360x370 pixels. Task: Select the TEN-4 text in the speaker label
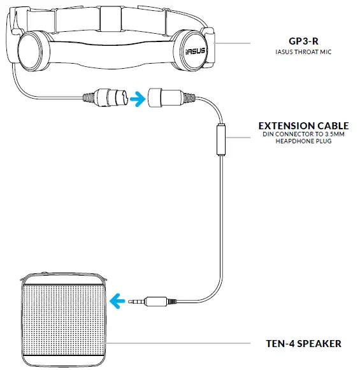coord(281,344)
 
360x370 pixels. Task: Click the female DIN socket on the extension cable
coord(164,99)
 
